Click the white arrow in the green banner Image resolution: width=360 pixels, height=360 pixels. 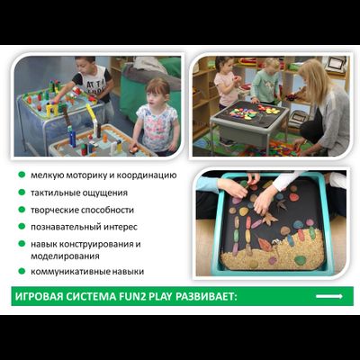point(329,296)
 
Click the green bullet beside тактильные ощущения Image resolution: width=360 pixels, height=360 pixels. point(21,193)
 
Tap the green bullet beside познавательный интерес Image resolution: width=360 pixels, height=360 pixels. point(21,227)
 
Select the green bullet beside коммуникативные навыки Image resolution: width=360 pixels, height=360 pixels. point(21,270)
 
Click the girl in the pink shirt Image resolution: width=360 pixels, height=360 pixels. point(227,81)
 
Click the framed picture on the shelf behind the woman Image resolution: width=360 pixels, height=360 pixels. point(335,65)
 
